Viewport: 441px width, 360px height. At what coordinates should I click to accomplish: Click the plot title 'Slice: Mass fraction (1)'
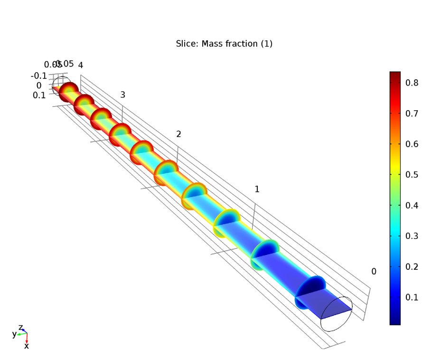coord(224,44)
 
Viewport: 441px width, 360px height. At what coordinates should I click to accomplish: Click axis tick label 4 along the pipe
coord(81,66)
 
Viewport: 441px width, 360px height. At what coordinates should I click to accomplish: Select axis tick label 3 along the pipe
coord(122,95)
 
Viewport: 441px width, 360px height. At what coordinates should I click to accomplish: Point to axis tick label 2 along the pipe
coord(178,134)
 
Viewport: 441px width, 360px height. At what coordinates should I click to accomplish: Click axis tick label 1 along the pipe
coord(257,189)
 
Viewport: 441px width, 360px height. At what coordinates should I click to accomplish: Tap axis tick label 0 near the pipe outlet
coord(374,272)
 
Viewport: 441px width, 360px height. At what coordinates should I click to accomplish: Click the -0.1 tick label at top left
coord(38,76)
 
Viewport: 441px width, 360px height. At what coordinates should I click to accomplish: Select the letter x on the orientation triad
coord(27,346)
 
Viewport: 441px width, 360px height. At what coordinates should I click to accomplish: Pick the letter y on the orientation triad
coord(14,334)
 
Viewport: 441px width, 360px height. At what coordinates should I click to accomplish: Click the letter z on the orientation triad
coord(20,327)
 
